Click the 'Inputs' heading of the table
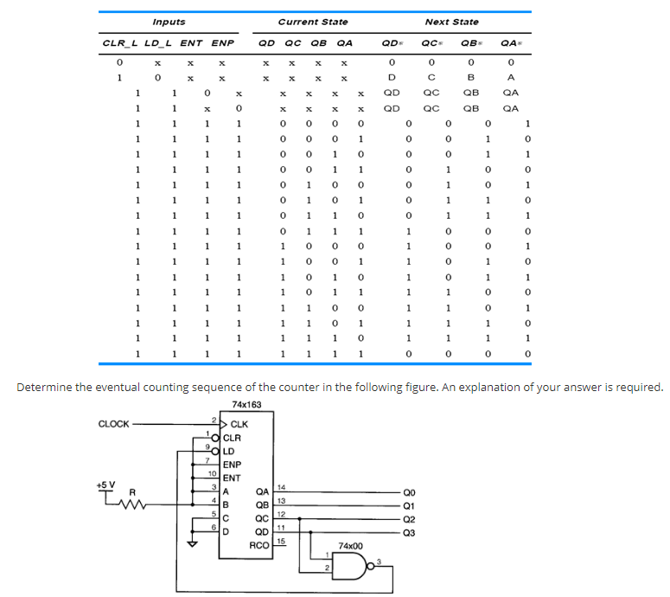click(169, 22)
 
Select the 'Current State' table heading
click(313, 22)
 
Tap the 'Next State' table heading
click(451, 22)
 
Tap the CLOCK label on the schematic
click(114, 424)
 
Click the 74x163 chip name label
click(248, 405)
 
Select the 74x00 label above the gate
click(351, 547)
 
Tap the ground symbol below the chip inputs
click(193, 543)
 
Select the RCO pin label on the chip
click(258, 545)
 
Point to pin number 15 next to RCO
click(281, 542)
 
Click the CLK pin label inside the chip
click(239, 425)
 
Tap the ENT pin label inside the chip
click(232, 478)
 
